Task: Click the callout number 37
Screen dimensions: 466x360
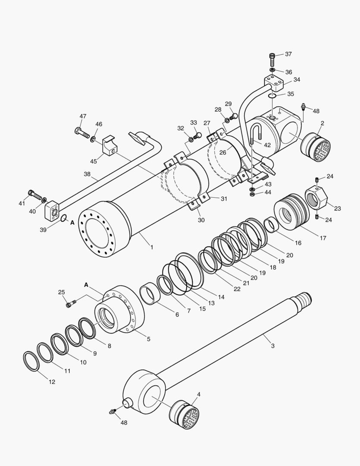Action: point(288,54)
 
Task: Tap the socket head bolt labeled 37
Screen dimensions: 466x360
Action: point(272,59)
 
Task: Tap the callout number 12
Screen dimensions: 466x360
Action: point(52,382)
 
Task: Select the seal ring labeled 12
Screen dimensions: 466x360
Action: point(31,361)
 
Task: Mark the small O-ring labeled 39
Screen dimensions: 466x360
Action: point(63,218)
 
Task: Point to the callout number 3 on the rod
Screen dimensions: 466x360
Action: point(272,346)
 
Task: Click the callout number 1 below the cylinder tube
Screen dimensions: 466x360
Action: point(151,247)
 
